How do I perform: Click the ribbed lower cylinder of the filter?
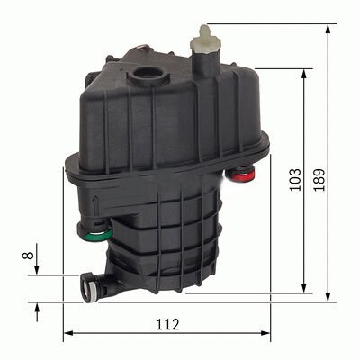click(x=171, y=234)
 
